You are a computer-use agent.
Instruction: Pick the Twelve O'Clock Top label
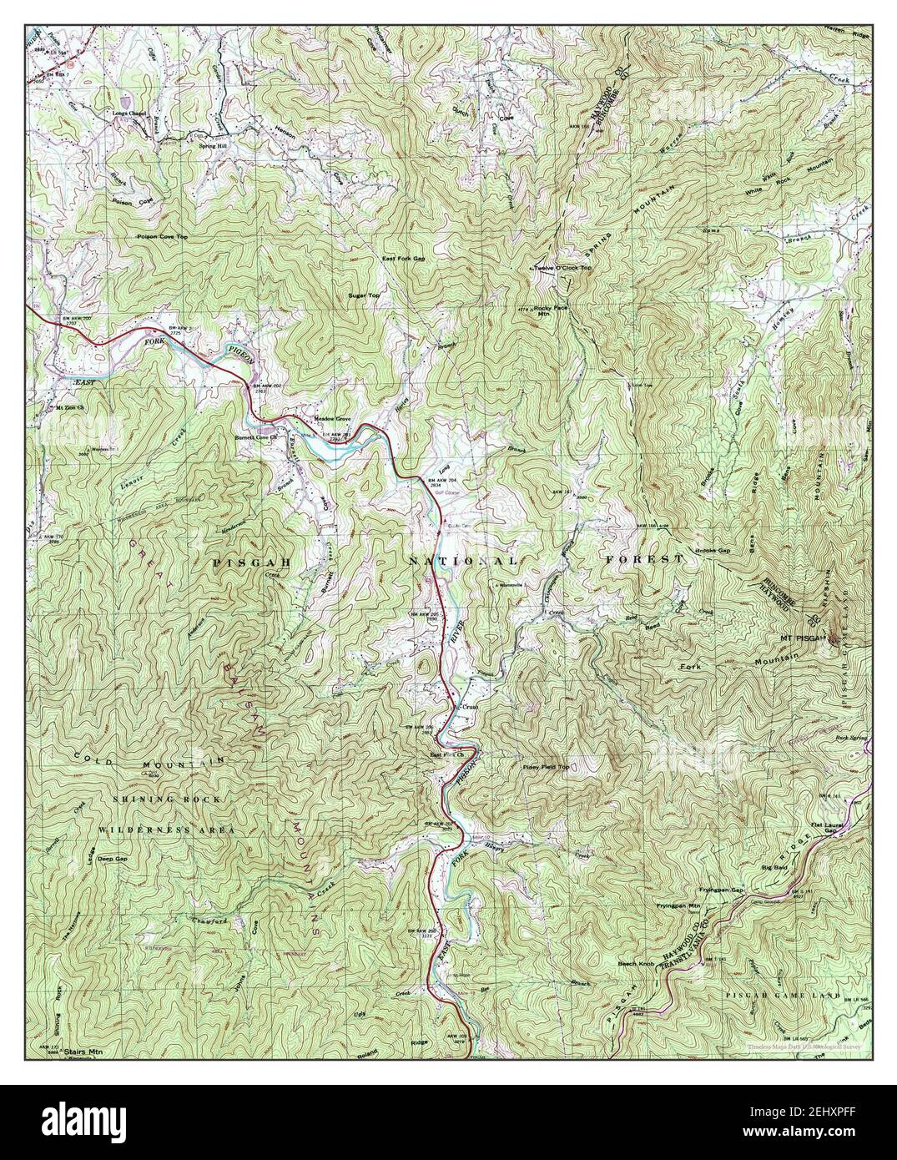click(562, 268)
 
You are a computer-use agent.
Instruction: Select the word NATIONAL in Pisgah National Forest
click(463, 562)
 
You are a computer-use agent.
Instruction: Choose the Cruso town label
click(470, 708)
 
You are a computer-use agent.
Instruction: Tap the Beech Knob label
click(634, 963)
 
